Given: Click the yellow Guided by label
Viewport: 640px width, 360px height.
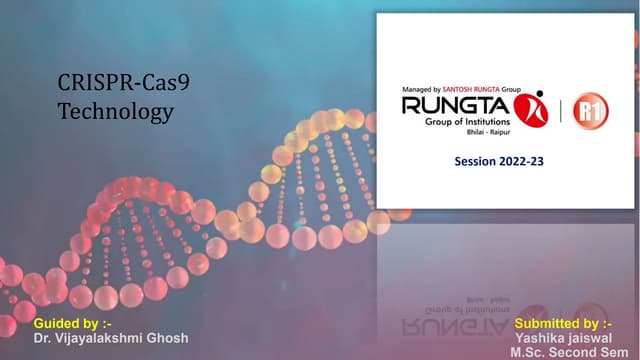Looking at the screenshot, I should tap(66, 324).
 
